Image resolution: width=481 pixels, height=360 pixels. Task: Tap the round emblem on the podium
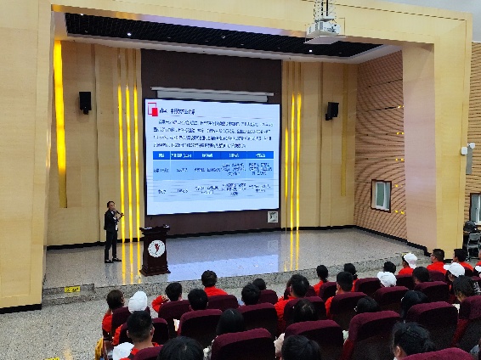click(156, 249)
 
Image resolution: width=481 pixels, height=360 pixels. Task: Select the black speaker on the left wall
click(85, 102)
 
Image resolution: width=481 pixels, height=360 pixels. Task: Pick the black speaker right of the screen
click(331, 110)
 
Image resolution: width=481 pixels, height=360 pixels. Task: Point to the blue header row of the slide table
click(212, 155)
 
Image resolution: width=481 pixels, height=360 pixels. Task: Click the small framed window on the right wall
click(381, 194)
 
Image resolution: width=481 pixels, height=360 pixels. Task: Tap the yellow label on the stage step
click(72, 290)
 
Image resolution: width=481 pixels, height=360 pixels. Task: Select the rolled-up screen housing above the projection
click(212, 93)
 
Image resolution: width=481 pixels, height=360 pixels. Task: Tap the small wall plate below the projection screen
click(272, 217)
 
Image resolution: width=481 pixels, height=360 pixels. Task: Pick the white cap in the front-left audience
click(138, 301)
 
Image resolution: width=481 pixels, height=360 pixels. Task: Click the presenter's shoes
click(110, 260)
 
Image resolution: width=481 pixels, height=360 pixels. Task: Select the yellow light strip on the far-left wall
click(59, 123)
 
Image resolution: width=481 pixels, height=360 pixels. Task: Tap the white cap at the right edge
click(456, 269)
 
